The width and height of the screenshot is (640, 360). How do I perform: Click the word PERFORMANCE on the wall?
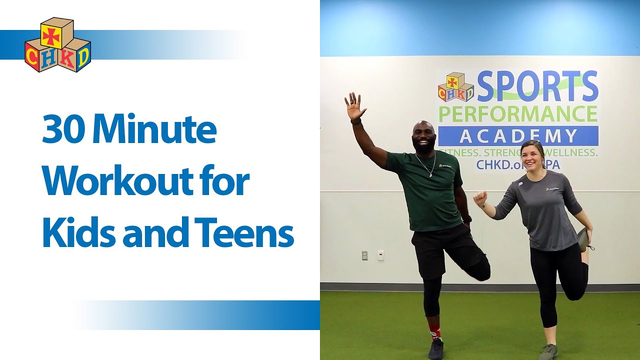pos(518,114)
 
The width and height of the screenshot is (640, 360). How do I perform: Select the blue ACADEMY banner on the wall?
pos(518,136)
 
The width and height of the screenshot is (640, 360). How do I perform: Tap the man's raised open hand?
pos(354,106)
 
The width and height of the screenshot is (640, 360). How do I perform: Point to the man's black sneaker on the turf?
pos(435,348)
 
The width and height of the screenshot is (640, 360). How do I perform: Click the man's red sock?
pos(435,331)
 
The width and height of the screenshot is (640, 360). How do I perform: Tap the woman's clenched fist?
pos(480,198)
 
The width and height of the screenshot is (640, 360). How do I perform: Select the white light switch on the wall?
pos(380,255)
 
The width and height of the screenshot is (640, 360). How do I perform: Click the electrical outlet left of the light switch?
pos(364,255)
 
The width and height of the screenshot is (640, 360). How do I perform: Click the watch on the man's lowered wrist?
pos(466,219)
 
